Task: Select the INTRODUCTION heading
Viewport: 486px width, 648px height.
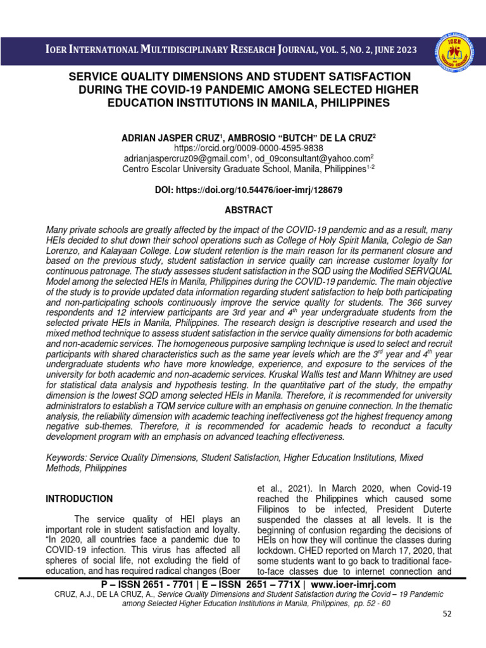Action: [78, 499]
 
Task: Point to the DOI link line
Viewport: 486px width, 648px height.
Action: [244, 189]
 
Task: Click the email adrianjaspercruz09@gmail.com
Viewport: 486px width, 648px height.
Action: [178, 158]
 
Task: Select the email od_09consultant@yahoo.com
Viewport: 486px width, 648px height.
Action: [310, 158]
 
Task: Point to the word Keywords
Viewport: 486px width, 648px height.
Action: [66, 456]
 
